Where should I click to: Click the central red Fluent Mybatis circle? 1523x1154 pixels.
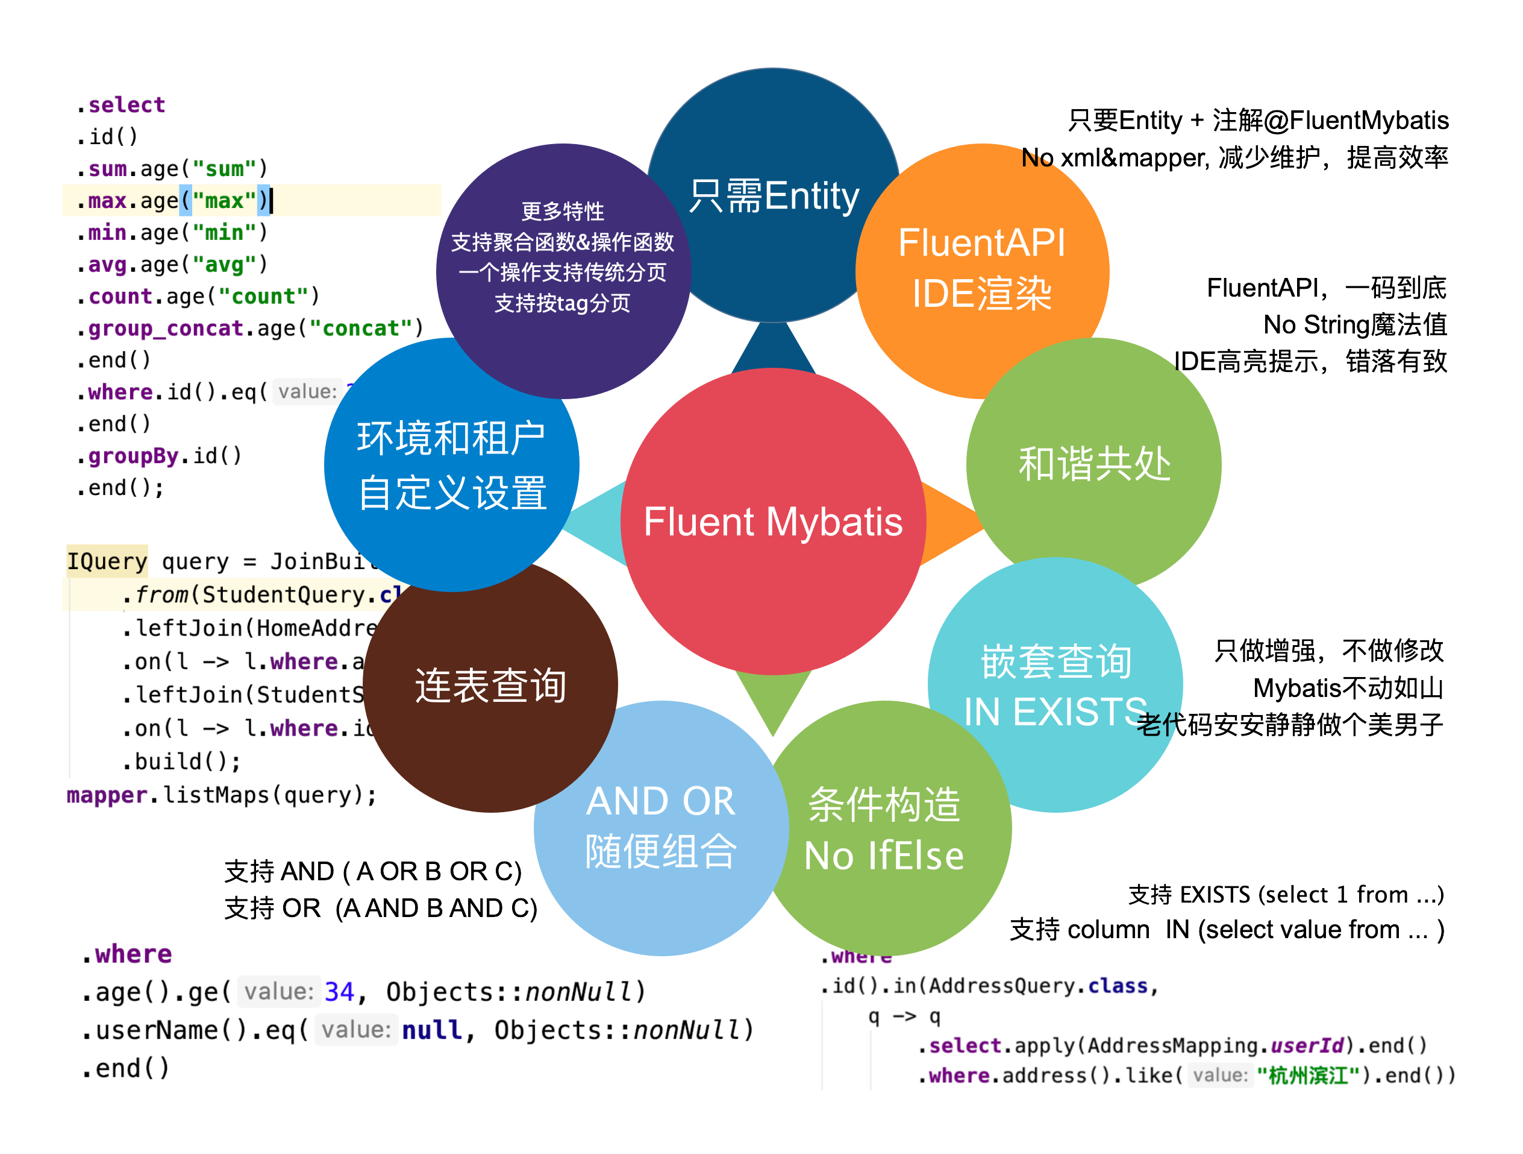(772, 522)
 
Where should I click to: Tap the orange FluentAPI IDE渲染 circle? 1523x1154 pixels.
(981, 269)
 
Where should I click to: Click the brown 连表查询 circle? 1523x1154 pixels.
(490, 686)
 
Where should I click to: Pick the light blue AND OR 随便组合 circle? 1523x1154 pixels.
(660, 827)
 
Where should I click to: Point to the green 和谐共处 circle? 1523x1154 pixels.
(1093, 463)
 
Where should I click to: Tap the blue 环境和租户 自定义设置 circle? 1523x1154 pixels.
(452, 465)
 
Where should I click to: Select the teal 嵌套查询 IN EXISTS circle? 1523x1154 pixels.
(1055, 686)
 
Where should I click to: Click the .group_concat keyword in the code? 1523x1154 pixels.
(165, 328)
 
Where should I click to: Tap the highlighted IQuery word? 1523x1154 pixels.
(107, 561)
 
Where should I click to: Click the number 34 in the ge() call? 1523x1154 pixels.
(339, 991)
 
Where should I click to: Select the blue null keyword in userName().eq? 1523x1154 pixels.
(432, 1030)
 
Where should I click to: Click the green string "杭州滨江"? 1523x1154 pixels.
(1307, 1075)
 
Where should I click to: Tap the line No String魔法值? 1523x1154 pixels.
(1354, 324)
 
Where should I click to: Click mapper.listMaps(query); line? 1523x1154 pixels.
(222, 795)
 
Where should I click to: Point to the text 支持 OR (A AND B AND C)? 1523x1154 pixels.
(380, 908)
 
